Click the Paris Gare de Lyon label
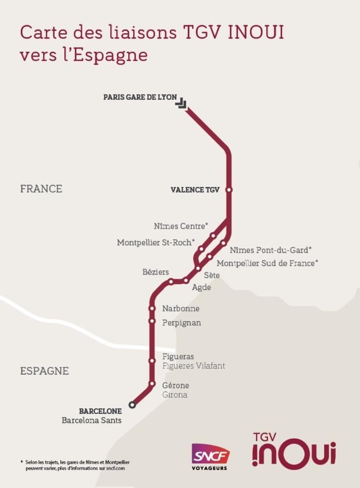[x=140, y=97]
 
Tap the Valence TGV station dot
[x=229, y=190]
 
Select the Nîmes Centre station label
[x=181, y=226]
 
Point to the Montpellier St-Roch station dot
[x=201, y=249]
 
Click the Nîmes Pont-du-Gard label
[x=270, y=250]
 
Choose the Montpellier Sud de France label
[x=267, y=263]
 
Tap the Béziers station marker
[x=171, y=282]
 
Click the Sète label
[x=212, y=275]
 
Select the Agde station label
[x=201, y=287]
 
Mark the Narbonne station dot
[x=152, y=308]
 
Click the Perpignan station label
[x=181, y=323]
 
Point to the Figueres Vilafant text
[x=193, y=366]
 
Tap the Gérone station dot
[x=152, y=384]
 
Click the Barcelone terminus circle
[x=132, y=405]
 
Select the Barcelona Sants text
[x=92, y=420]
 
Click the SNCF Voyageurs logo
[x=210, y=457]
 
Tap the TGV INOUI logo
[x=294, y=451]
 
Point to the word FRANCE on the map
[x=41, y=189]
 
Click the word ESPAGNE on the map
[x=44, y=371]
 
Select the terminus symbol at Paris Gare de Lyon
[x=181, y=103]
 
